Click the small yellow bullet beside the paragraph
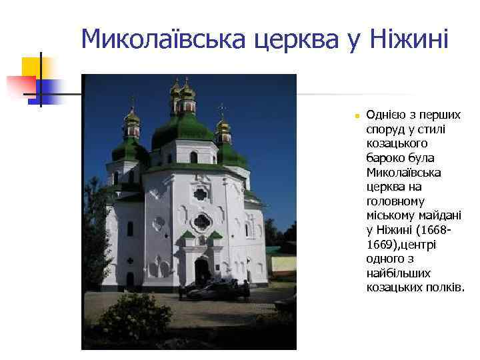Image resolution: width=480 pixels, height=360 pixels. coord(357,116)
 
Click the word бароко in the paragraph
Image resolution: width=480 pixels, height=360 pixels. coord(384,158)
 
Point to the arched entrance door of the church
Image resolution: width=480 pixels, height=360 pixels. coord(201,270)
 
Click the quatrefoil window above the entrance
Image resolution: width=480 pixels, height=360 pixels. coord(201,221)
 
